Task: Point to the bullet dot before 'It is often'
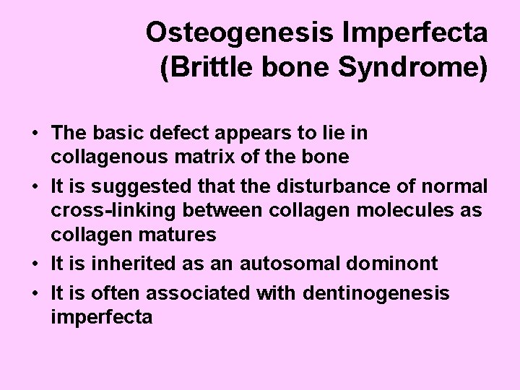click(x=35, y=293)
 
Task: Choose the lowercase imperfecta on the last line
click(x=102, y=316)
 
